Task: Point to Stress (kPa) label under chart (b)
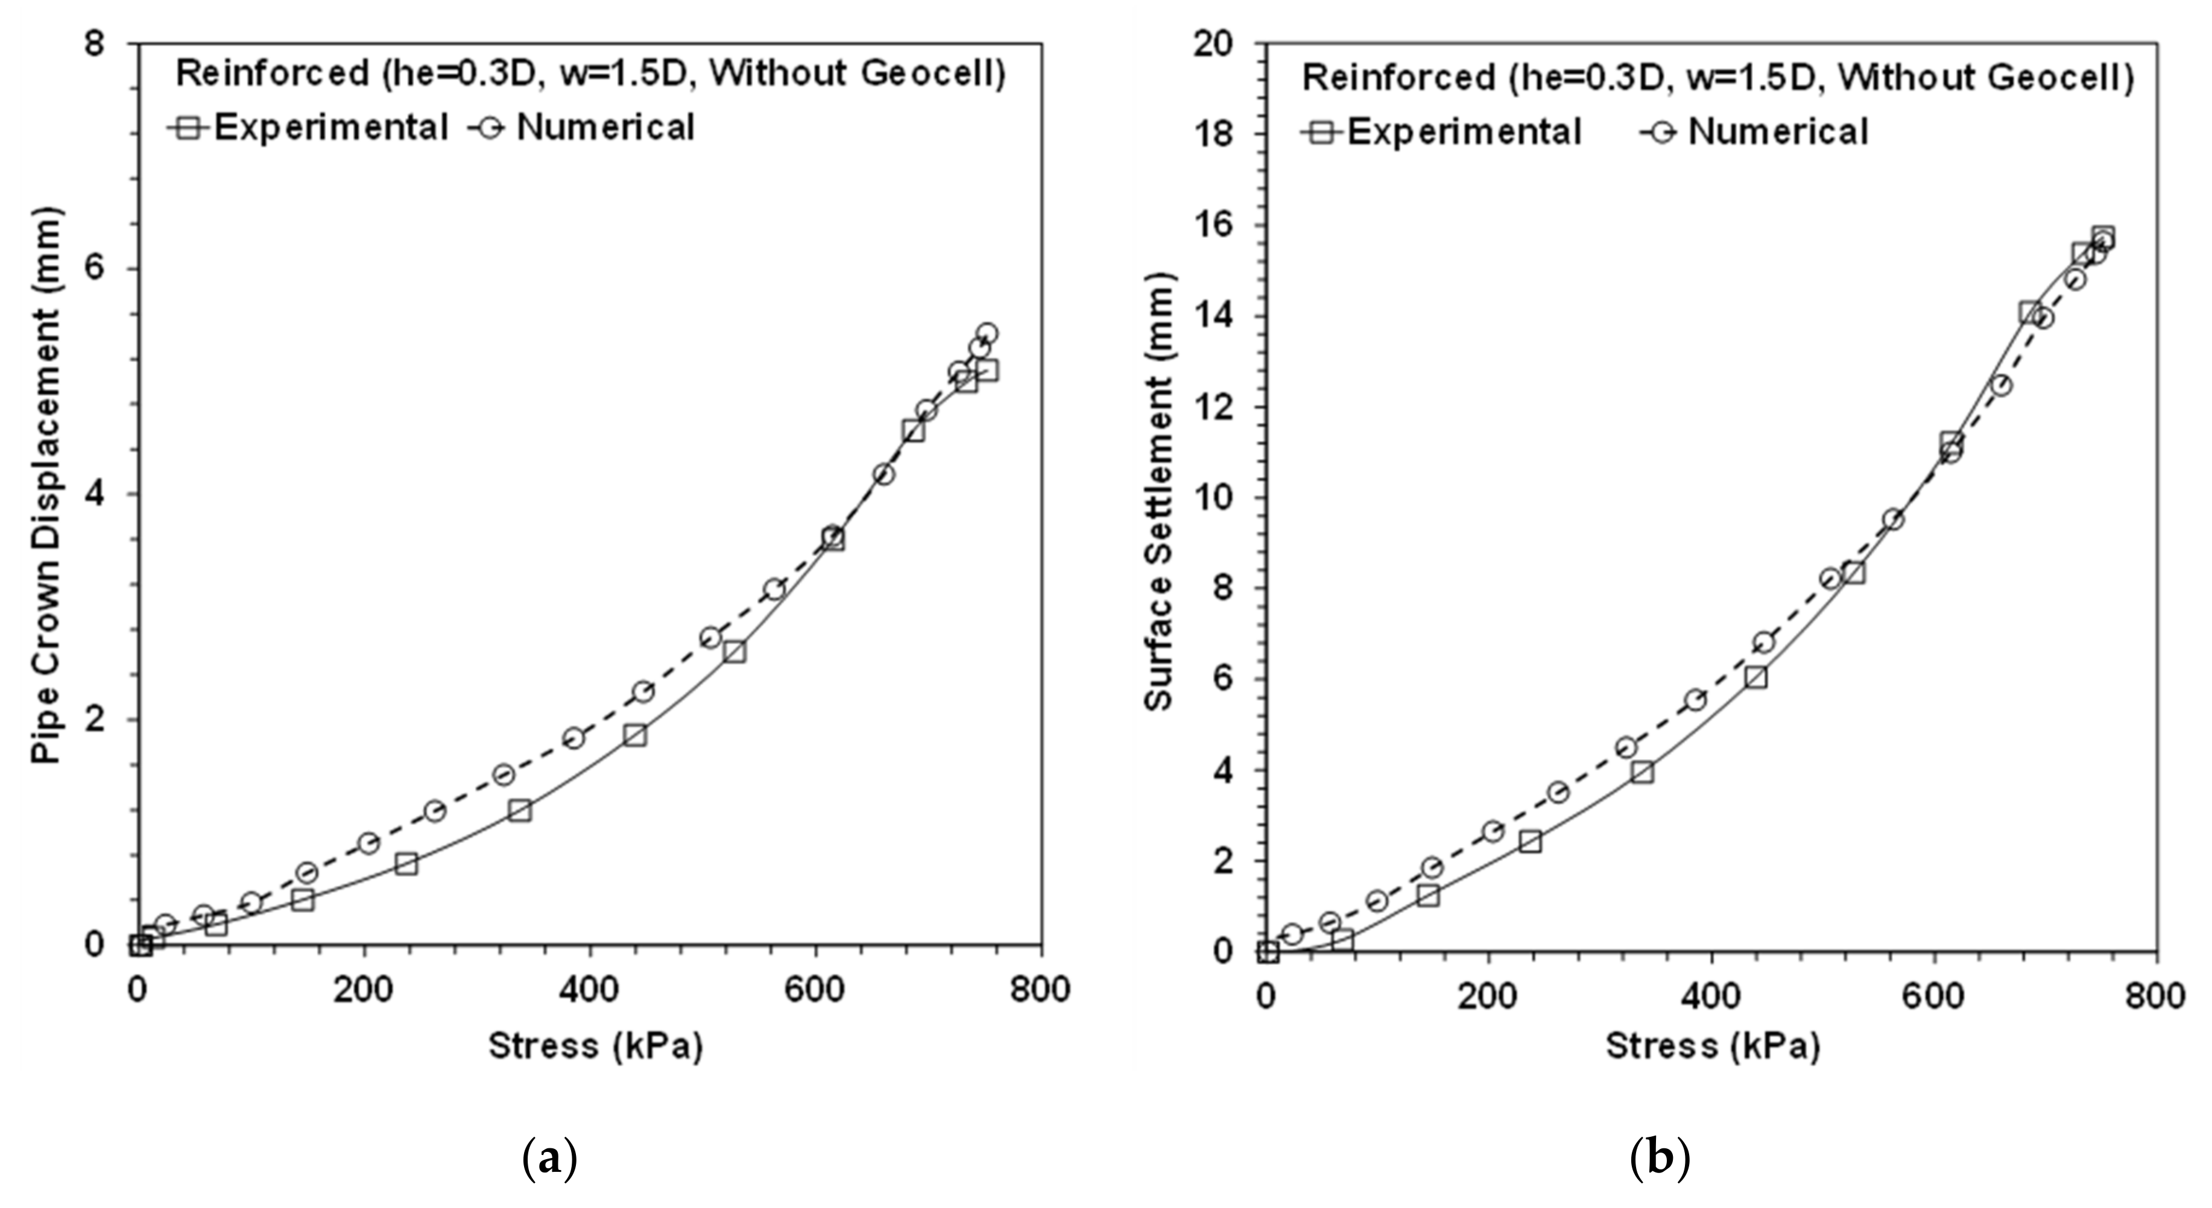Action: click(1712, 1046)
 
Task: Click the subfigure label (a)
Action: click(549, 1159)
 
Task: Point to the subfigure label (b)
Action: click(1659, 1159)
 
